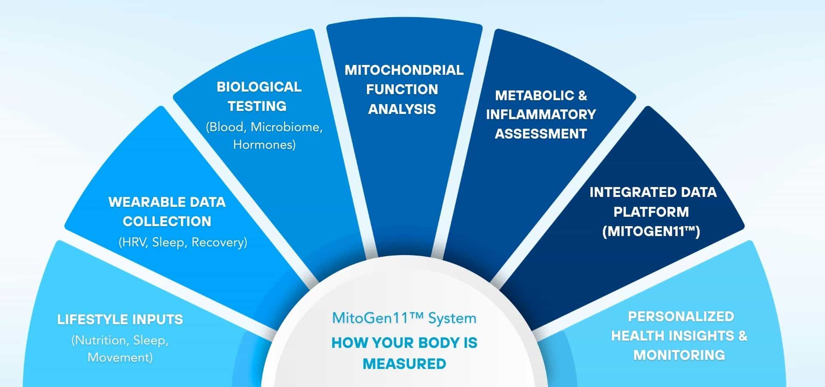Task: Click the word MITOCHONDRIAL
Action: pyautogui.click(x=404, y=70)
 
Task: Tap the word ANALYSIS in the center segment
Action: pyautogui.click(x=402, y=109)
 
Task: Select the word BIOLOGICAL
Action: pyautogui.click(x=259, y=87)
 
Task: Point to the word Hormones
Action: pyautogui.click(x=263, y=144)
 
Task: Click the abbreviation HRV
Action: pyautogui.click(x=134, y=243)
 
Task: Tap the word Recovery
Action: pyautogui.click(x=218, y=243)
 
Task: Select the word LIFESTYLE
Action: pyautogui.click(x=91, y=319)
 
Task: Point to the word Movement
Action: pyautogui.click(x=120, y=358)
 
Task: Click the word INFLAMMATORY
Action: pyautogui.click(x=541, y=114)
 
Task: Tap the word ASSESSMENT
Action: pyautogui.click(x=541, y=134)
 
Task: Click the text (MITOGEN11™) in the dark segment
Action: pyautogui.click(x=651, y=232)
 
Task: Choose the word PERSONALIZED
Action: pyautogui.click(x=681, y=316)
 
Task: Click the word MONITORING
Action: pyautogui.click(x=679, y=355)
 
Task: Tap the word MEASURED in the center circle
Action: pyautogui.click(x=404, y=364)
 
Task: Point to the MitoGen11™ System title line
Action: pyautogui.click(x=404, y=319)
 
